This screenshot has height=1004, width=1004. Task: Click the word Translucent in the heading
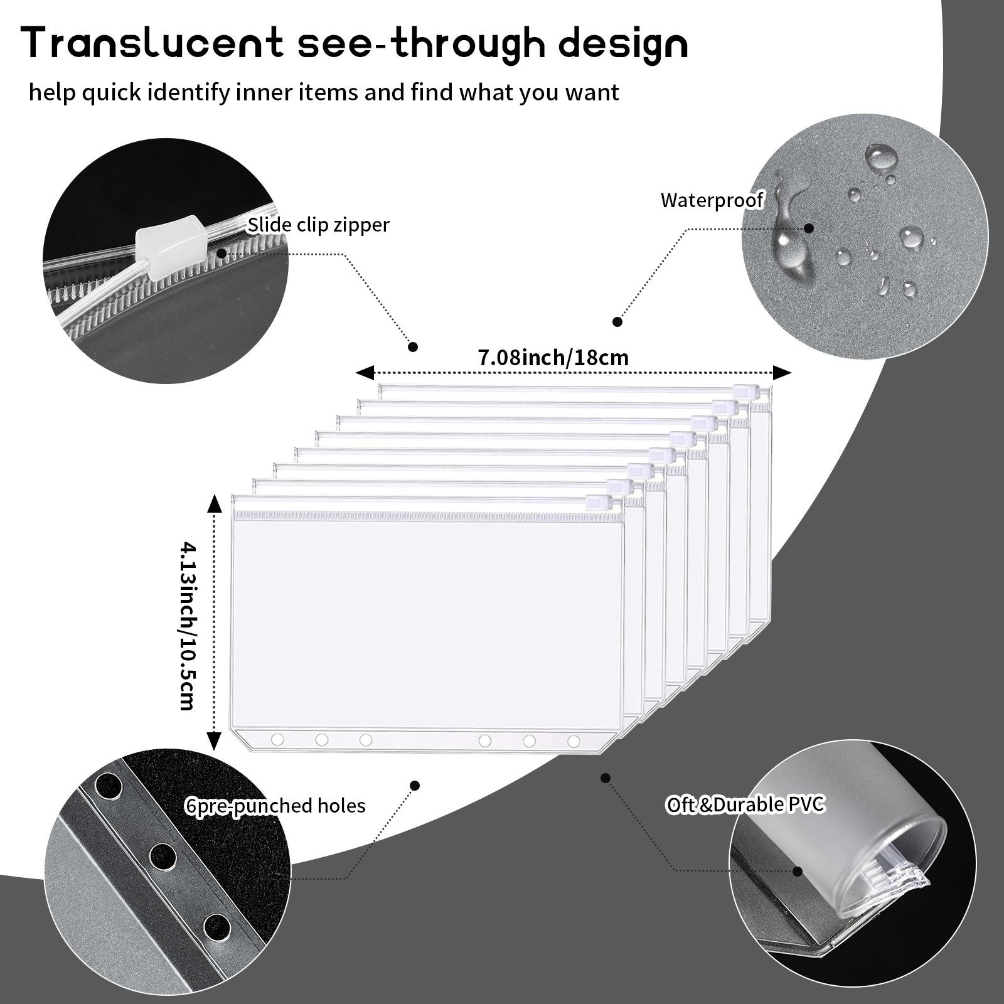tap(153, 44)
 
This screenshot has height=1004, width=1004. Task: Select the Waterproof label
tap(712, 201)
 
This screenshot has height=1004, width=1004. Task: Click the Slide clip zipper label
tap(318, 225)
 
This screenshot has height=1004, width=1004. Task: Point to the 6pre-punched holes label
tap(275, 805)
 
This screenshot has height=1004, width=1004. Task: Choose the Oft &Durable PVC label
tap(745, 804)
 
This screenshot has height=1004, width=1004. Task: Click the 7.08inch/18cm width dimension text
tap(553, 358)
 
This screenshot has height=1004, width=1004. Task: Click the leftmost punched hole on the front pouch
tap(277, 740)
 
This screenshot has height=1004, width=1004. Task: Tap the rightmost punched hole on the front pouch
tap(573, 741)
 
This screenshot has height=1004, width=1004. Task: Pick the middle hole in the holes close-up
tap(162, 855)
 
